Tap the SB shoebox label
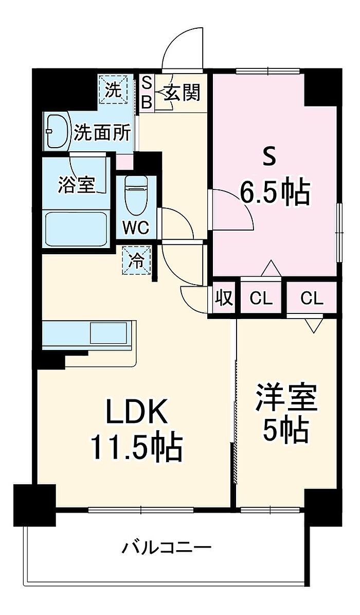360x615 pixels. pos(146,93)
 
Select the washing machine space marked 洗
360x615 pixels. pos(113,90)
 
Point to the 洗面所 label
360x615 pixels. pos(103,132)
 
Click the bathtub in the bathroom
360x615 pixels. pos(76,230)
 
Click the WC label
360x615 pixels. pos(135,227)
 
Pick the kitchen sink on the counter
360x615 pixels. pos(108,333)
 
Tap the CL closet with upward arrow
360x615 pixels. pos(261,299)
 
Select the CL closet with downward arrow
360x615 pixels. pos(312,299)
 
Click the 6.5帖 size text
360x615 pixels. pos(275,192)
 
